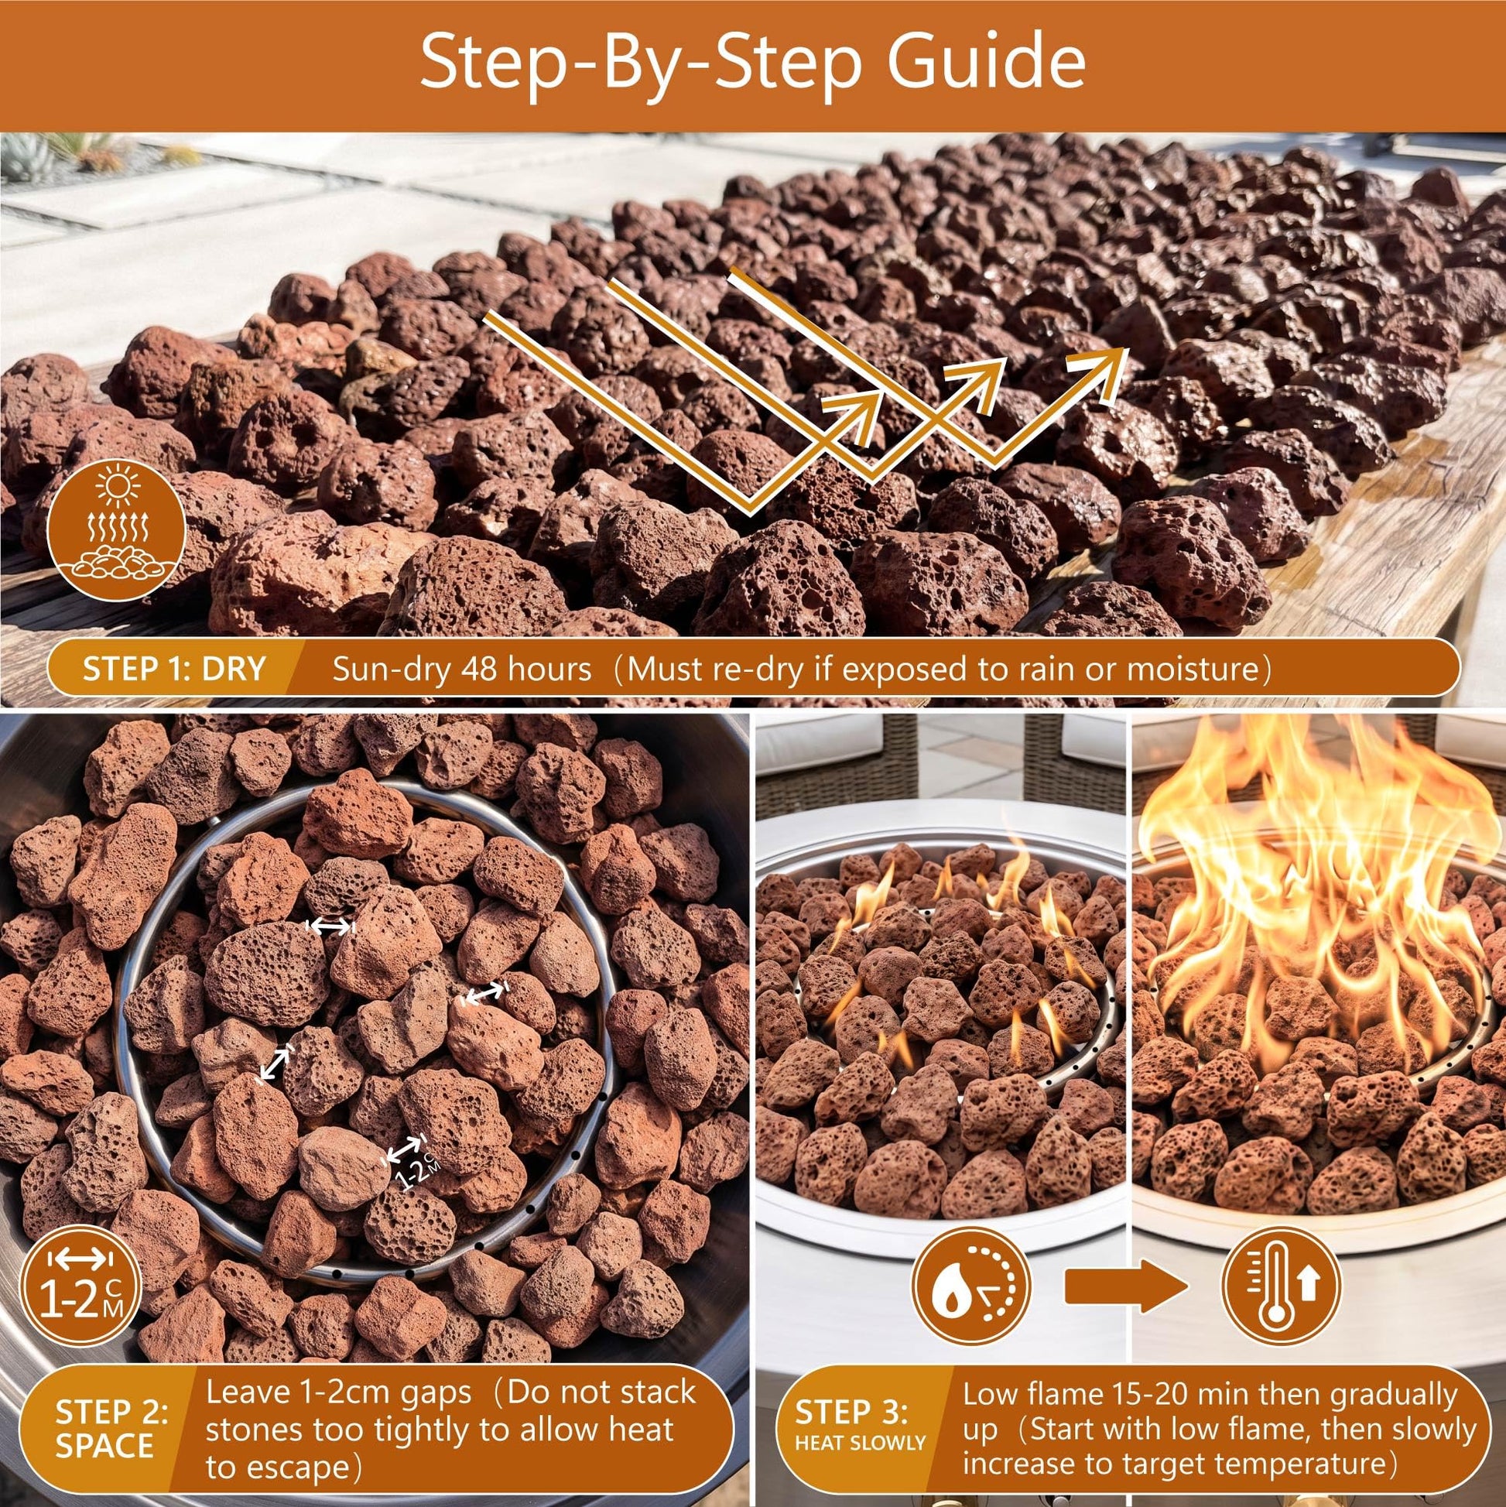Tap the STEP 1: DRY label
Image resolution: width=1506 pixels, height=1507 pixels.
tap(174, 669)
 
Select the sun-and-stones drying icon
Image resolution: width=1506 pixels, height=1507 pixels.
tap(116, 529)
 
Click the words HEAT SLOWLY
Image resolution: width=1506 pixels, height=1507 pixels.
tap(860, 1421)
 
